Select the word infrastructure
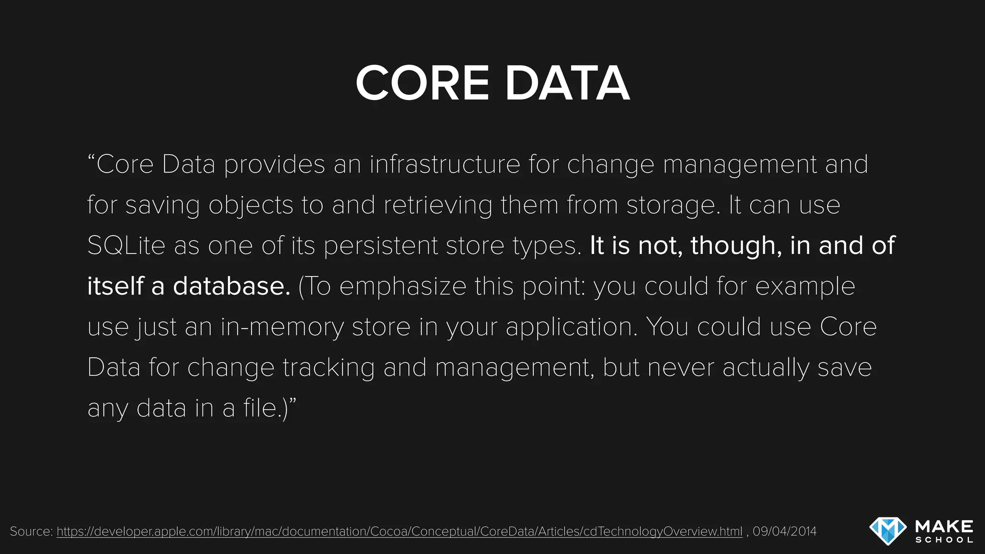coord(445,164)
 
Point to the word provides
coord(275,164)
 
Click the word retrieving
coord(438,205)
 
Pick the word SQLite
coord(126,246)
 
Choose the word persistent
coord(380,246)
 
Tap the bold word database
coord(232,286)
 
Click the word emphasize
coord(403,287)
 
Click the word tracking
coord(328,368)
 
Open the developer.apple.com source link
coord(399,531)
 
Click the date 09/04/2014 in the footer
coord(784,531)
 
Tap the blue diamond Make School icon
coord(888,531)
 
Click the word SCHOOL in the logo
coord(944,540)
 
